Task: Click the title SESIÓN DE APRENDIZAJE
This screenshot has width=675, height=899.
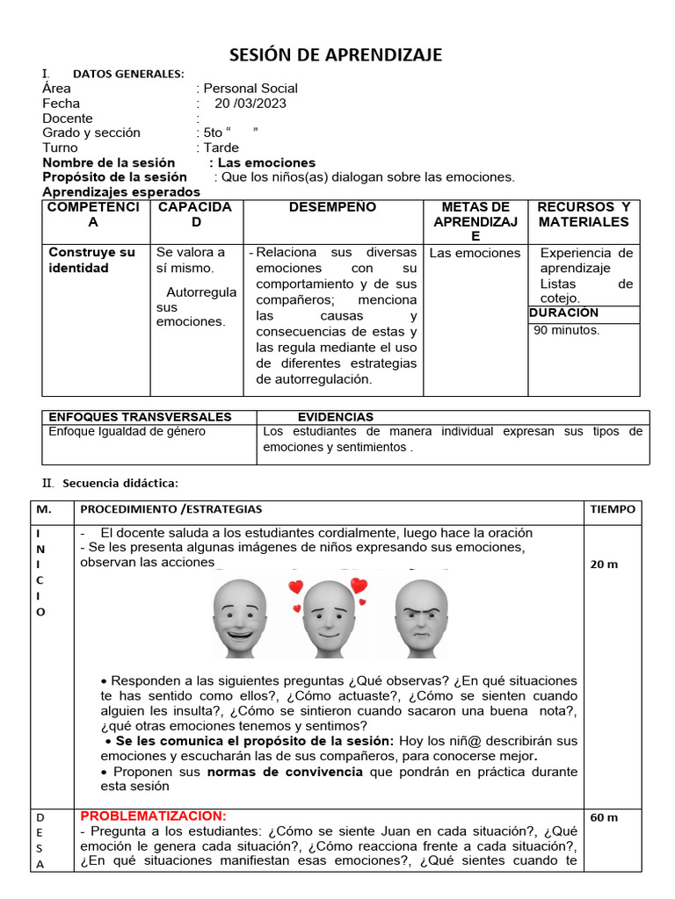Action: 336,55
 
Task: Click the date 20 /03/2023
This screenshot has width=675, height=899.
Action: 250,104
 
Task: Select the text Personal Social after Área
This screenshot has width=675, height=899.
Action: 250,88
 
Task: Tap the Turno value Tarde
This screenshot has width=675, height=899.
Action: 221,147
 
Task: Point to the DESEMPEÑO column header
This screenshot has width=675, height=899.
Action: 332,207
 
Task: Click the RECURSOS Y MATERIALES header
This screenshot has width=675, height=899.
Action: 584,214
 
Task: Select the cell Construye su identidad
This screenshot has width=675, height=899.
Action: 91,260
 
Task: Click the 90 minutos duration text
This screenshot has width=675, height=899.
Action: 567,330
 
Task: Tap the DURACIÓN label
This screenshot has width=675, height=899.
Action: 563,313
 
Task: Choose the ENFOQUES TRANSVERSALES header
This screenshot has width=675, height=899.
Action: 140,417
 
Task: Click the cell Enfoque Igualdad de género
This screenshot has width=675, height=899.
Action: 127,432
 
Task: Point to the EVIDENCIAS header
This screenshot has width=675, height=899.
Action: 335,417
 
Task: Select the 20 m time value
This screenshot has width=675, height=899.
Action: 604,565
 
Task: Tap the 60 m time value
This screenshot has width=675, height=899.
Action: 604,817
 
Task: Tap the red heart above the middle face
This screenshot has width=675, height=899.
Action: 296,586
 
